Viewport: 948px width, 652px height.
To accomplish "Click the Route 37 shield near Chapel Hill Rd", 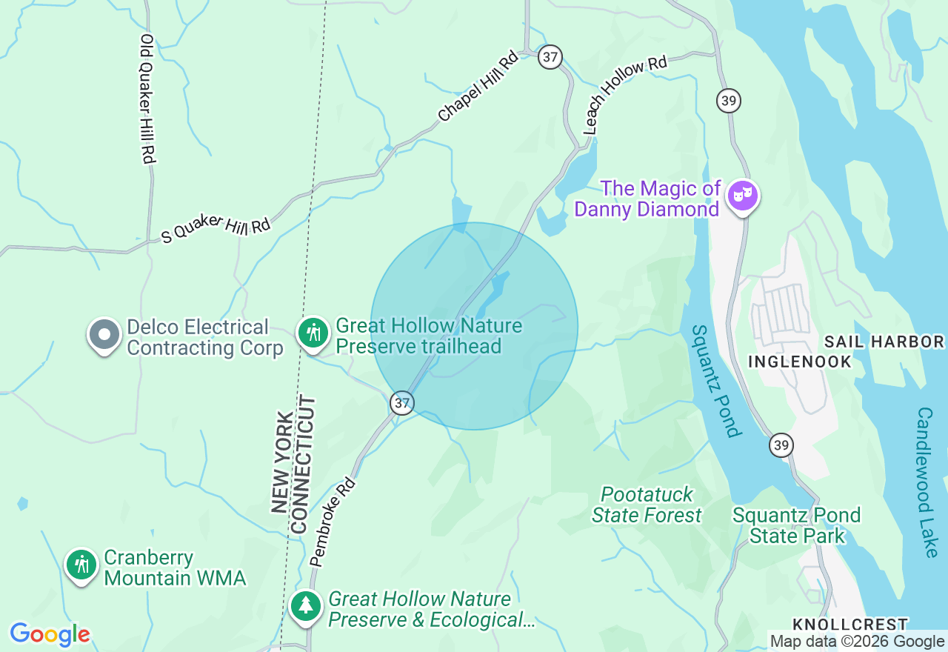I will point(550,57).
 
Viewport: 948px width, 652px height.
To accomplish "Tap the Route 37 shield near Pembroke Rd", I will point(401,403).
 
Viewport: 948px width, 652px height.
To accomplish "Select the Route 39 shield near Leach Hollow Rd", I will point(729,101).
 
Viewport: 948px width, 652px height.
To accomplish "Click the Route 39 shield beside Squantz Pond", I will point(781,445).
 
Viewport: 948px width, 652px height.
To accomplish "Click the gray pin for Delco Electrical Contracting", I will point(104,336).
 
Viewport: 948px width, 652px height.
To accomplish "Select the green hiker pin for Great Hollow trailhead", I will point(313,333).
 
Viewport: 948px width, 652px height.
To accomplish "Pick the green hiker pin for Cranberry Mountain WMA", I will point(81,565).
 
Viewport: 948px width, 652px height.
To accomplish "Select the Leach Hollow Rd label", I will point(625,94).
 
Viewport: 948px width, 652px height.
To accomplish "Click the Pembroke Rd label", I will point(333,522).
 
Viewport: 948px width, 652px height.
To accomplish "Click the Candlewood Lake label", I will point(927,482).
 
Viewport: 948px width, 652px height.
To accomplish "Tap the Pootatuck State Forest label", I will point(647,505).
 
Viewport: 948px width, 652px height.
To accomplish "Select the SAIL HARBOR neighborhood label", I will point(884,342).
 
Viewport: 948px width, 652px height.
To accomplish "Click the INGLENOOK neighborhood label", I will point(800,362).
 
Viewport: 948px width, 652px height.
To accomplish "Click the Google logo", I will point(50,635).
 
